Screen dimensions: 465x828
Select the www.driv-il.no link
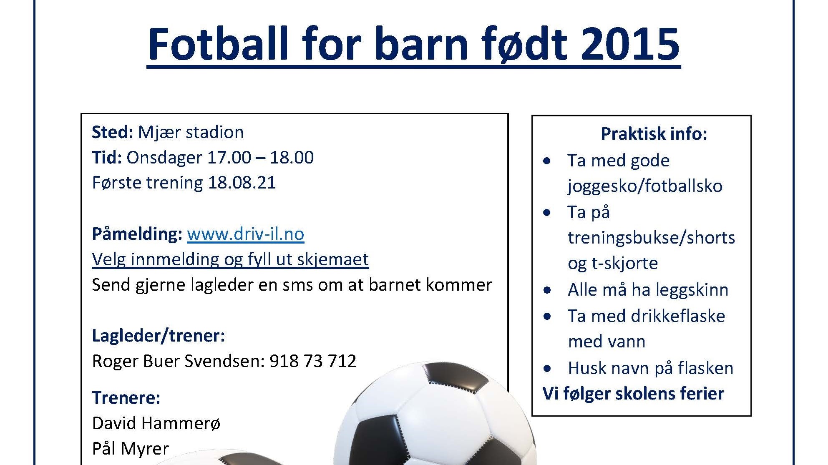pyautogui.click(x=245, y=234)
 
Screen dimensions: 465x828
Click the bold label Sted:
pyautogui.click(x=112, y=132)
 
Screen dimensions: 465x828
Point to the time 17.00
pyautogui.click(x=229, y=158)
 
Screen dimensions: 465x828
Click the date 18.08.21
pyautogui.click(x=242, y=183)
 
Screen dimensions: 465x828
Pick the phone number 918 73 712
pyautogui.click(x=313, y=361)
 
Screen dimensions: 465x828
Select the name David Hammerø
pyautogui.click(x=156, y=423)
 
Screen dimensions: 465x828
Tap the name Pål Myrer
pyautogui.click(x=130, y=449)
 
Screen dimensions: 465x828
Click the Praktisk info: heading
pyautogui.click(x=654, y=134)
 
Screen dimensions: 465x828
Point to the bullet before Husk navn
pyautogui.click(x=547, y=369)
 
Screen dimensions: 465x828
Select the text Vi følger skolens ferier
pyautogui.click(x=633, y=394)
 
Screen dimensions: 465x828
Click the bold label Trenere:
pyautogui.click(x=126, y=398)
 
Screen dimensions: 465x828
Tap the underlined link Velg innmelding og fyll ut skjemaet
pyautogui.click(x=230, y=259)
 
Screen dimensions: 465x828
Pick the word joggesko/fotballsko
pyautogui.click(x=645, y=186)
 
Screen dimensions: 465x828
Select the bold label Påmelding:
pyautogui.click(x=137, y=234)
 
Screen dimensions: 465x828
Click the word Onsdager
pyautogui.click(x=164, y=158)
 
